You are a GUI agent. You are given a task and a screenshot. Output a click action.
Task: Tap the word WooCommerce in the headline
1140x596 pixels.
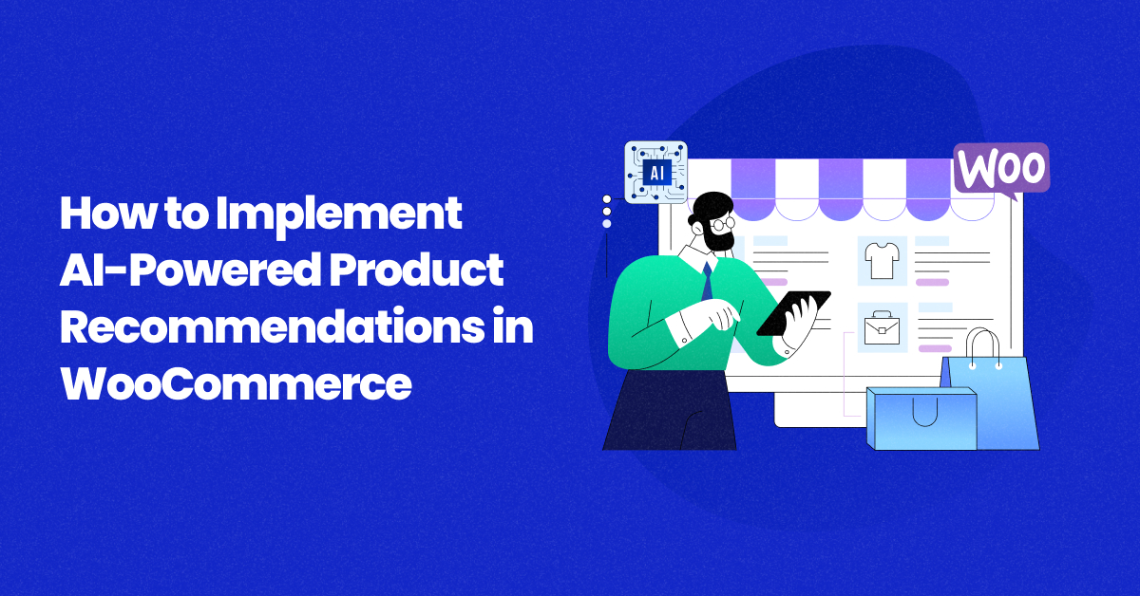coord(237,385)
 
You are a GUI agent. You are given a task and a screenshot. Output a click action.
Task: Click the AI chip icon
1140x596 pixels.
coord(655,172)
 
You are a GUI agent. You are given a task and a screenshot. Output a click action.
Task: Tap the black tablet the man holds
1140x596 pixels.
coord(793,313)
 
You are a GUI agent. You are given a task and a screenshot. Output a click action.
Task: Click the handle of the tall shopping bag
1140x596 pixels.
coord(983,346)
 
